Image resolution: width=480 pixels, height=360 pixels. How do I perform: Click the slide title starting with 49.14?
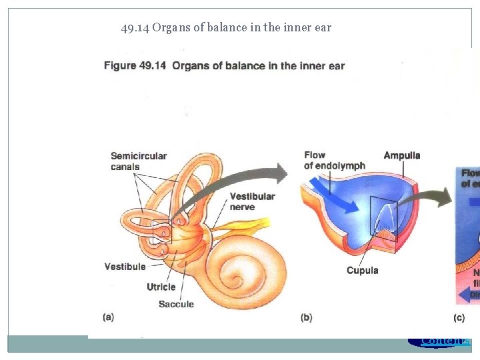click(226, 28)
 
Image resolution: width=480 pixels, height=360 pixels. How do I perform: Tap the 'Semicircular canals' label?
click(139, 161)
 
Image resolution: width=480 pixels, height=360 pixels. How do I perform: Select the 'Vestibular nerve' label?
click(252, 201)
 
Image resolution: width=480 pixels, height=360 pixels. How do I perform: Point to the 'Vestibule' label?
click(125, 267)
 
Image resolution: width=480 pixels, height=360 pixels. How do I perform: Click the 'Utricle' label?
click(161, 287)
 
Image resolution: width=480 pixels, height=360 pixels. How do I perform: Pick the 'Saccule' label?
click(176, 304)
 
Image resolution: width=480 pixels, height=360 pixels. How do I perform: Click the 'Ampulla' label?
click(401, 155)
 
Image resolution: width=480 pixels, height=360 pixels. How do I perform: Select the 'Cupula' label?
click(362, 270)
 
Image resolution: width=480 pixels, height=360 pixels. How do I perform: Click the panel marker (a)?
click(108, 317)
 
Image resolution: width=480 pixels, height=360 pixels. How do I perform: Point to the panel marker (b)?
click(306, 317)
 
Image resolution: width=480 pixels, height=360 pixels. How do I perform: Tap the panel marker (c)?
click(459, 317)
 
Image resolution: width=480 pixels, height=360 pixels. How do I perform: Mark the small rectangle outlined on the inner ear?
click(161, 232)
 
